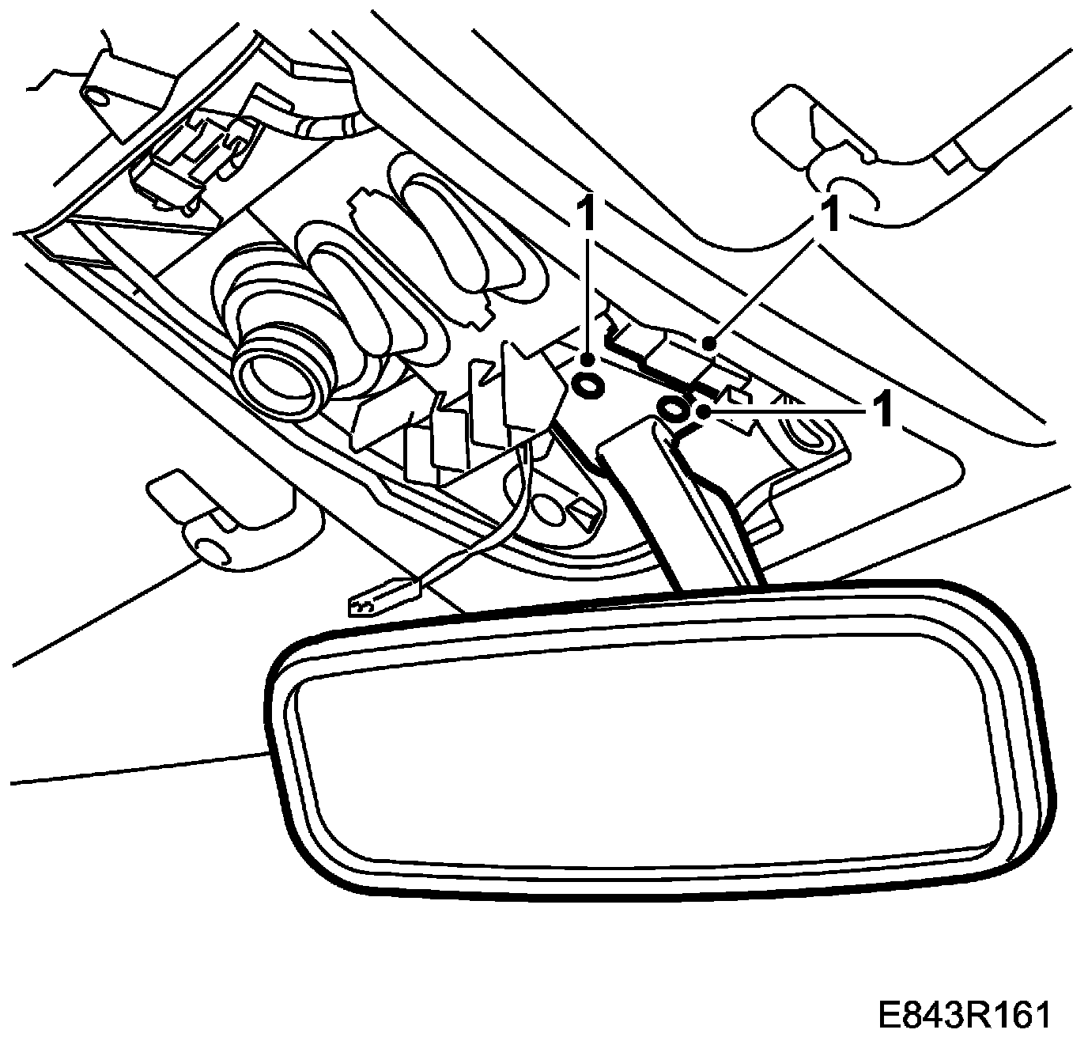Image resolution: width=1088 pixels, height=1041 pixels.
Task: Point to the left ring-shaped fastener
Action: [x=587, y=385]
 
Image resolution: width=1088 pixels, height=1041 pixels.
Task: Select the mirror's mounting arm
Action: [x=680, y=506]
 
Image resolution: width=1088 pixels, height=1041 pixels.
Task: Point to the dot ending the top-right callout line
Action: [x=711, y=343]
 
